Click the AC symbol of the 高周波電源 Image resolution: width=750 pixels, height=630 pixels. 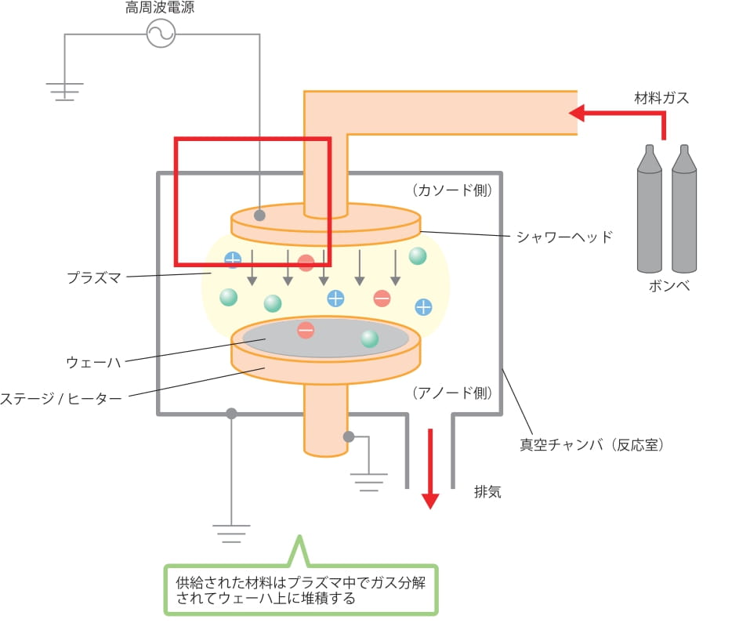tap(161, 34)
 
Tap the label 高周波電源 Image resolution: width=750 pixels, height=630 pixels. tap(160, 7)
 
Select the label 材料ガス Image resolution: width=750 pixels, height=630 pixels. tap(661, 98)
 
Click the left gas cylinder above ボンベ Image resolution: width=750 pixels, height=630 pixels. tap(650, 208)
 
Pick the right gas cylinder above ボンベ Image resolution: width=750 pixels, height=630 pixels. tap(684, 208)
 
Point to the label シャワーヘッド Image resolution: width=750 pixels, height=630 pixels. tap(564, 237)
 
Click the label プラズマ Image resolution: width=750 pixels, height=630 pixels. tap(94, 277)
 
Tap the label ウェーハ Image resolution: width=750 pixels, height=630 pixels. tap(93, 362)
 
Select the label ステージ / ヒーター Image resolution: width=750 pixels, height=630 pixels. tap(61, 399)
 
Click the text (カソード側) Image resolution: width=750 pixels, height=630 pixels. tap(452, 190)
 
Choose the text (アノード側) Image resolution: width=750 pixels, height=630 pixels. tap(452, 393)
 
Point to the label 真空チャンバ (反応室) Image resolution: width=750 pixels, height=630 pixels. tap(592, 445)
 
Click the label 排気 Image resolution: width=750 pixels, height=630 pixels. tap(487, 491)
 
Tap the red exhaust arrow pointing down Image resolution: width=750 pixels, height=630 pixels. tap(430, 469)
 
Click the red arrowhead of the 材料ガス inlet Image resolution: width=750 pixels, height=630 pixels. tap(576, 114)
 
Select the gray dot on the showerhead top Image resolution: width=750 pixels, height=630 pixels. tap(259, 215)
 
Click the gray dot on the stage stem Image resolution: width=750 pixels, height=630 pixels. tap(349, 436)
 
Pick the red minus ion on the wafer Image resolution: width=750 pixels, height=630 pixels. tap(306, 330)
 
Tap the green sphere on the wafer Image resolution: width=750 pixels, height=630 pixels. tap(369, 339)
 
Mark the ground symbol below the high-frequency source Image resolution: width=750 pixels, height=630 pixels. tap(64, 92)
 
